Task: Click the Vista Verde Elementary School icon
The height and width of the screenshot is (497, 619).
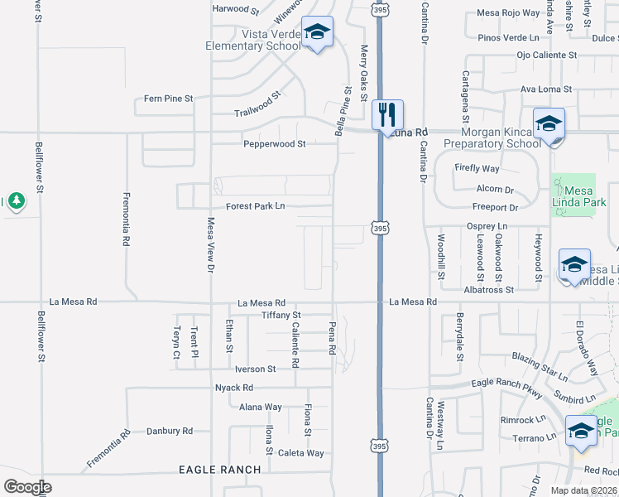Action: pyautogui.click(x=316, y=33)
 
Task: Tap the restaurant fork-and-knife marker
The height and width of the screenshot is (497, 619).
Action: pyautogui.click(x=387, y=114)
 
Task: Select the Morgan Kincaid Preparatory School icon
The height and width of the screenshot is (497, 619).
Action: pyautogui.click(x=548, y=124)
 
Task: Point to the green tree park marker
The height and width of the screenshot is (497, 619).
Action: pyautogui.click(x=16, y=201)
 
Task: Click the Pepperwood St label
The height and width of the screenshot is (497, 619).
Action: pyautogui.click(x=274, y=143)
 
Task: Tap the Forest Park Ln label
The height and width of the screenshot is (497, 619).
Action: pyautogui.click(x=256, y=206)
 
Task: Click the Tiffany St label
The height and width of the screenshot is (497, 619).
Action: pyautogui.click(x=281, y=316)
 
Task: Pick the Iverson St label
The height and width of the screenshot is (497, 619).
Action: pyautogui.click(x=255, y=369)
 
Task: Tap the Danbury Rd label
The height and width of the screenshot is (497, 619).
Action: pyautogui.click(x=169, y=431)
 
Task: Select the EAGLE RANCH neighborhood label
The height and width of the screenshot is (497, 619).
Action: pyautogui.click(x=220, y=470)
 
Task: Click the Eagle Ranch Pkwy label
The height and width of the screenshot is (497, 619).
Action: pyautogui.click(x=506, y=383)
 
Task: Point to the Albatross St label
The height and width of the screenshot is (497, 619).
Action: pyautogui.click(x=489, y=289)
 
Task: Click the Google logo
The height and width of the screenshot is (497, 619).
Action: pyautogui.click(x=27, y=486)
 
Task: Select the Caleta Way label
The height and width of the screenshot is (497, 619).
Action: pyautogui.click(x=301, y=452)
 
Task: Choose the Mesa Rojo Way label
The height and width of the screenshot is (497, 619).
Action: pyautogui.click(x=508, y=13)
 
